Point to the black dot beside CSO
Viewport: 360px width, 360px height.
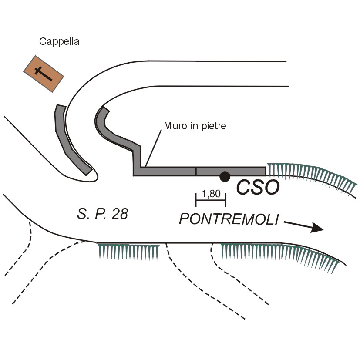[225, 176]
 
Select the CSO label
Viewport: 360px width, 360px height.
[257, 188]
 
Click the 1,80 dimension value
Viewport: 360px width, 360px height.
[211, 194]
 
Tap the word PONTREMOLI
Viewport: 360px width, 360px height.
[229, 219]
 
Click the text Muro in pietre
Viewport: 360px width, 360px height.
[195, 126]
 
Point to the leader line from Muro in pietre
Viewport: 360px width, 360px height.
[155, 146]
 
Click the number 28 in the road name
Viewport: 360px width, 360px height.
[119, 214]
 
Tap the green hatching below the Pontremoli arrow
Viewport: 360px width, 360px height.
[279, 255]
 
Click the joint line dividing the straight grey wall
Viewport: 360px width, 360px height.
[196, 171]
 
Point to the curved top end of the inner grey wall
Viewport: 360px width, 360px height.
[103, 112]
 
